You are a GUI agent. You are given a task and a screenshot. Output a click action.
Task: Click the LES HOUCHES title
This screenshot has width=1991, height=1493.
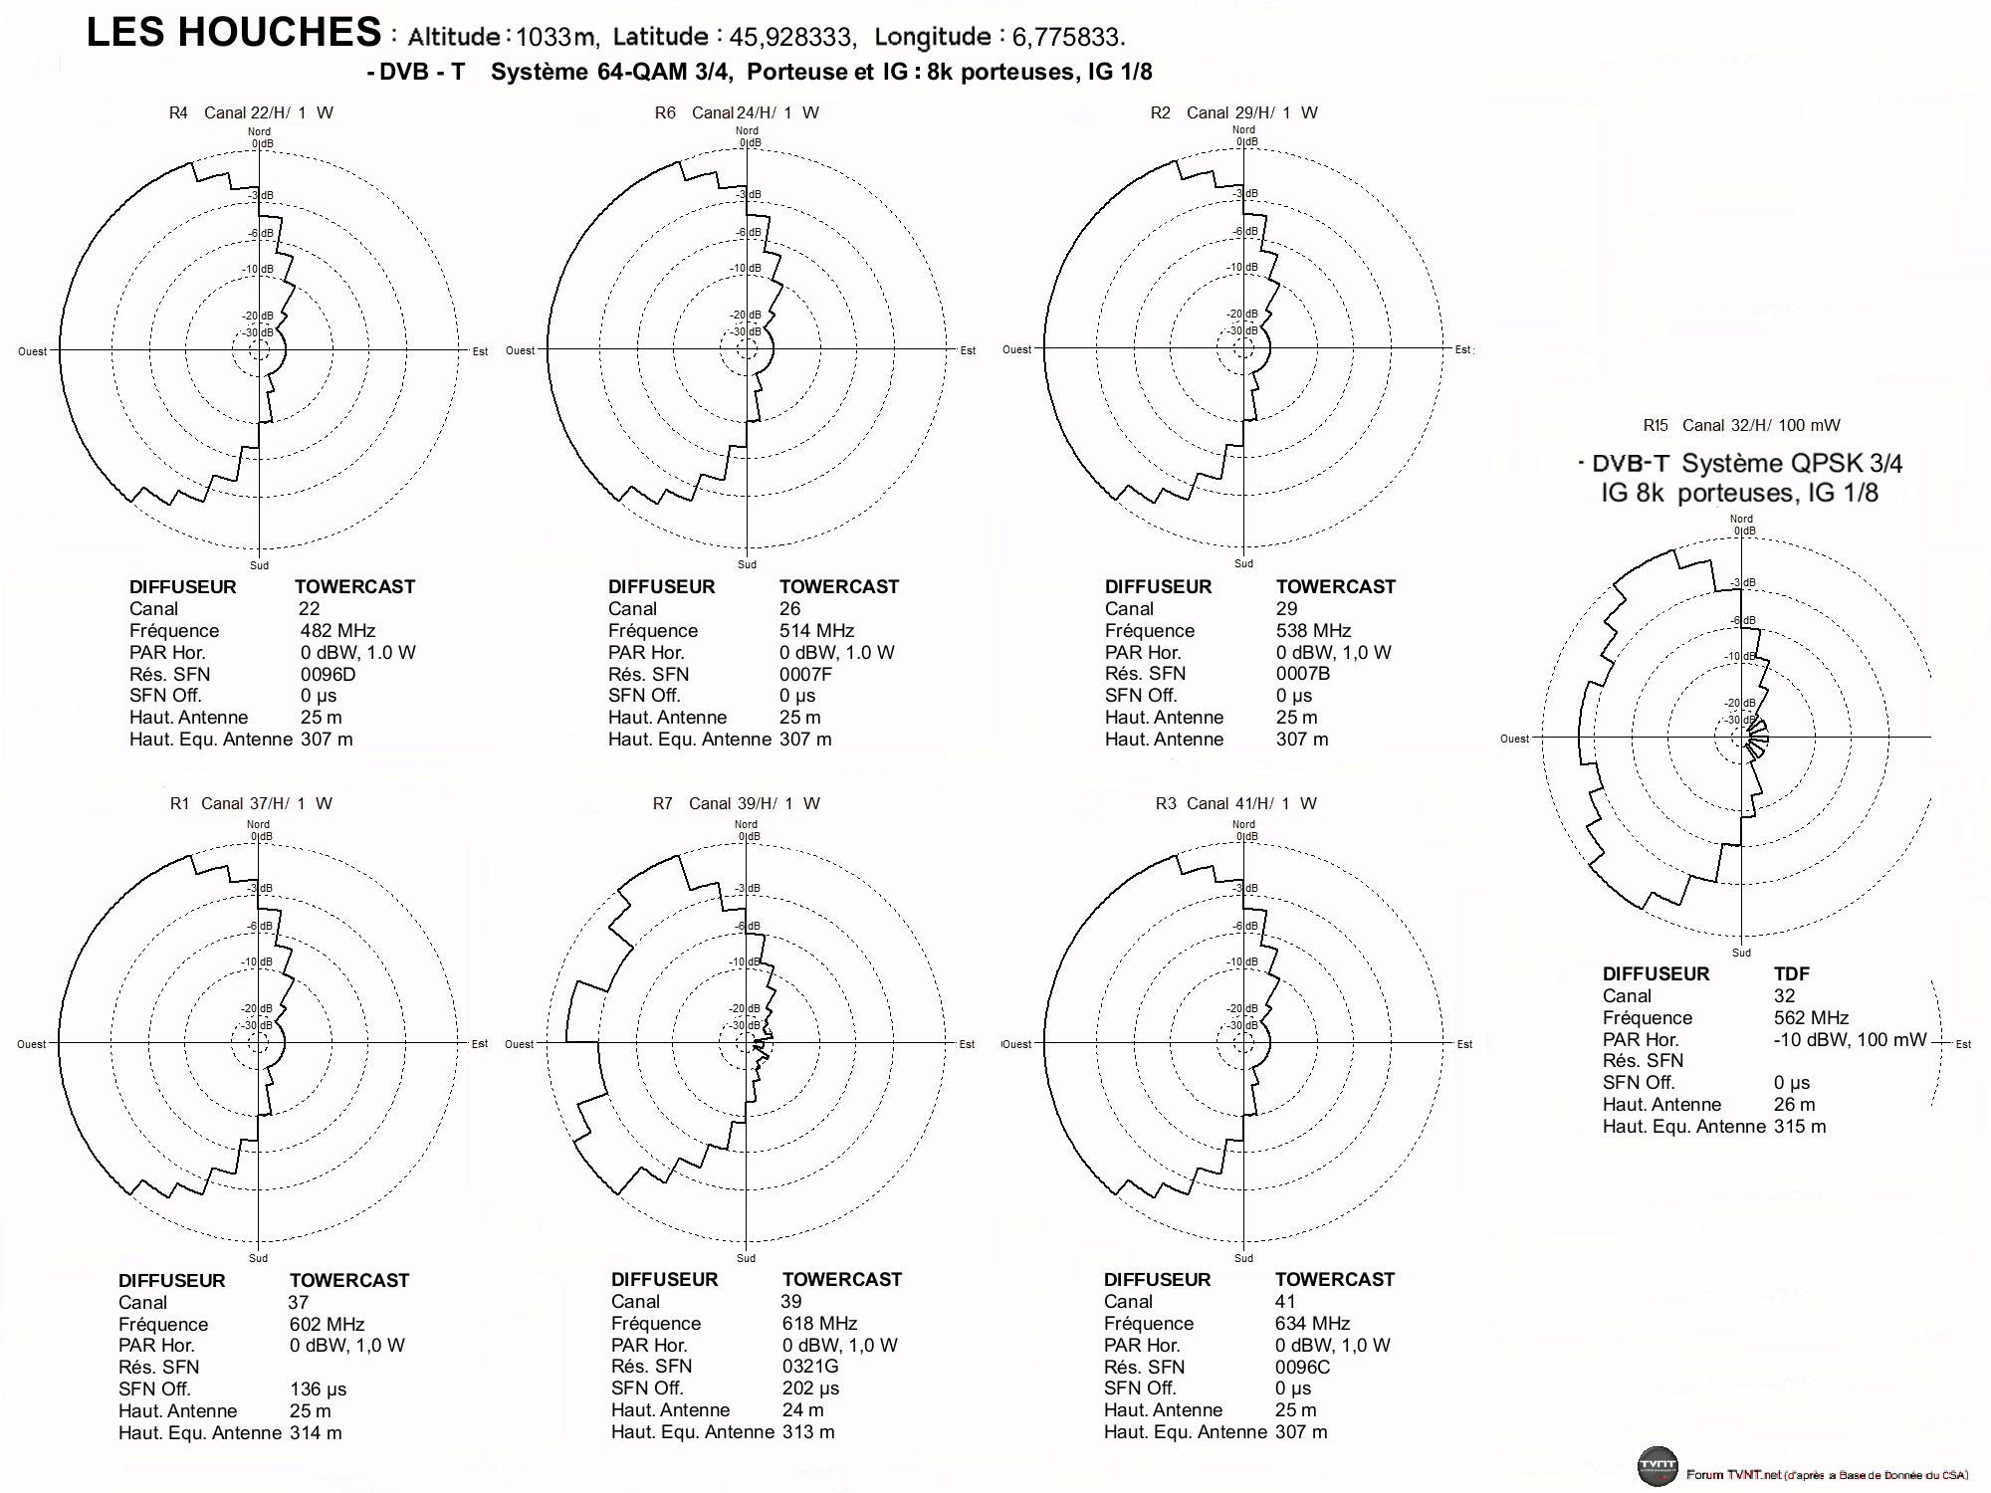pyautogui.click(x=234, y=33)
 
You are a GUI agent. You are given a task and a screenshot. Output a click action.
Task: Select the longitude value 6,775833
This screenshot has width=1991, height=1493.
pyautogui.click(x=1068, y=38)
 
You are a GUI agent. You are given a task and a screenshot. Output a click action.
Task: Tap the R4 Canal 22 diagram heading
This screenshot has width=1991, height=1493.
pyautogui.click(x=251, y=112)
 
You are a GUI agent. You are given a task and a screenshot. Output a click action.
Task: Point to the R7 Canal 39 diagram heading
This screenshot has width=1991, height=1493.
pyautogui.click(x=737, y=803)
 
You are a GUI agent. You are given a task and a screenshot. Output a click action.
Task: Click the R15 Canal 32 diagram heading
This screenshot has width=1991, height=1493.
pyautogui.click(x=1741, y=425)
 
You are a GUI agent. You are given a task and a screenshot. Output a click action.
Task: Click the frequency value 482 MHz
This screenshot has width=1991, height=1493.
pyautogui.click(x=337, y=630)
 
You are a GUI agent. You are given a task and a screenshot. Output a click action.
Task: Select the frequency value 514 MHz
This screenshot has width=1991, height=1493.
pyautogui.click(x=817, y=630)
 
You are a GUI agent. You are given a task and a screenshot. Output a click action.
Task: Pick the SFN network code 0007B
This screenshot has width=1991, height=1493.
pyautogui.click(x=1303, y=674)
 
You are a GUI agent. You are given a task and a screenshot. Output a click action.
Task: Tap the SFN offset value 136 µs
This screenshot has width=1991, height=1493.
pyautogui.click(x=319, y=1388)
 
